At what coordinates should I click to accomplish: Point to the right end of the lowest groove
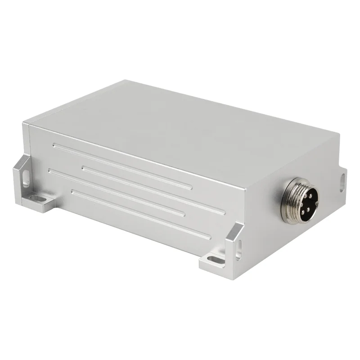tap(208, 237)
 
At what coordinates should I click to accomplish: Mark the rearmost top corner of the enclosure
tap(126, 81)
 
